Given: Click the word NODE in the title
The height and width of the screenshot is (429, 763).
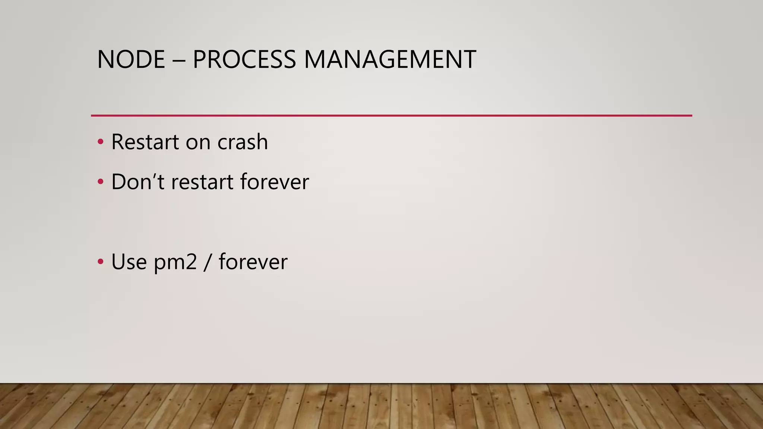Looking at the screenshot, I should (131, 60).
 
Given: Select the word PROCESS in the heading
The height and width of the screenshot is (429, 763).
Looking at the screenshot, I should (244, 60).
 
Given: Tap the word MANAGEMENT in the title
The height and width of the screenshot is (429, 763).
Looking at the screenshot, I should (390, 60).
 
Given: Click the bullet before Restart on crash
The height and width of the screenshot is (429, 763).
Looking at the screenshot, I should (100, 142).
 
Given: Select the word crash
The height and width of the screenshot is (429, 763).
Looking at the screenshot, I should (243, 142).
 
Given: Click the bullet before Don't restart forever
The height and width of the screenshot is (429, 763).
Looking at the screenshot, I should (100, 182).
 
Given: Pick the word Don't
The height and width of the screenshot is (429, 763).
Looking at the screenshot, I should (138, 182).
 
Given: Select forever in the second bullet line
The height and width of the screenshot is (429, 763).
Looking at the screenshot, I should (275, 182).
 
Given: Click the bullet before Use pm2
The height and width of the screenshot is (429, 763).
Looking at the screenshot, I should (100, 261).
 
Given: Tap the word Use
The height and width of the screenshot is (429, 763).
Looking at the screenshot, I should (129, 261).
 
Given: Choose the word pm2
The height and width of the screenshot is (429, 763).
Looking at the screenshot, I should (175, 262).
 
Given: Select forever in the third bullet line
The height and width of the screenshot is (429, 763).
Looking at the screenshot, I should (253, 261).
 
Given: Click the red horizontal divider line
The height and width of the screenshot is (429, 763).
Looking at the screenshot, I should (391, 115).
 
